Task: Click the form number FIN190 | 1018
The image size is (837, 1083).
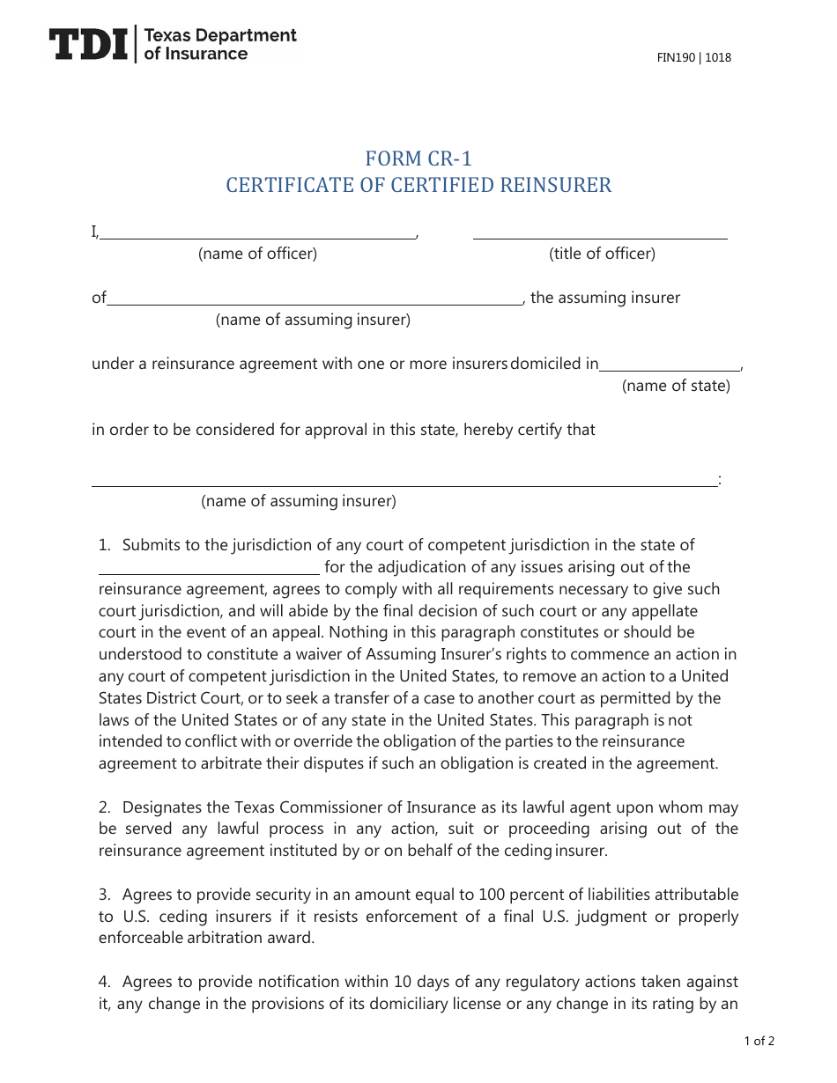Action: [693, 58]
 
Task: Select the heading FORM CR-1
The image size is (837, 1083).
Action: [418, 158]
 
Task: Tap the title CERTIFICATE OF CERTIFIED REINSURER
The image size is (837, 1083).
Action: [418, 185]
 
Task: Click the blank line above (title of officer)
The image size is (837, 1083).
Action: [600, 237]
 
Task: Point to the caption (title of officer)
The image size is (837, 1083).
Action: [602, 254]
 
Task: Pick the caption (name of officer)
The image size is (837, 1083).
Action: [257, 254]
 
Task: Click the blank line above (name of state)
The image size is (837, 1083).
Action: [670, 369]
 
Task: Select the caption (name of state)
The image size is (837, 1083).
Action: [676, 386]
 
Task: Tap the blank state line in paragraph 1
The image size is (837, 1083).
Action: [209, 571]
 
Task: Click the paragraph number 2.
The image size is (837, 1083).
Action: [104, 807]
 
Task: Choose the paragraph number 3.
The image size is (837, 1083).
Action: [104, 895]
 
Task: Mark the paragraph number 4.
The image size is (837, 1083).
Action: [104, 982]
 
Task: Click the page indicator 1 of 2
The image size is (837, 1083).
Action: [759, 1042]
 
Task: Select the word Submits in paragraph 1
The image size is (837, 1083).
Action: [151, 545]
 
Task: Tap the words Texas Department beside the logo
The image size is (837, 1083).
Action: [219, 36]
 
